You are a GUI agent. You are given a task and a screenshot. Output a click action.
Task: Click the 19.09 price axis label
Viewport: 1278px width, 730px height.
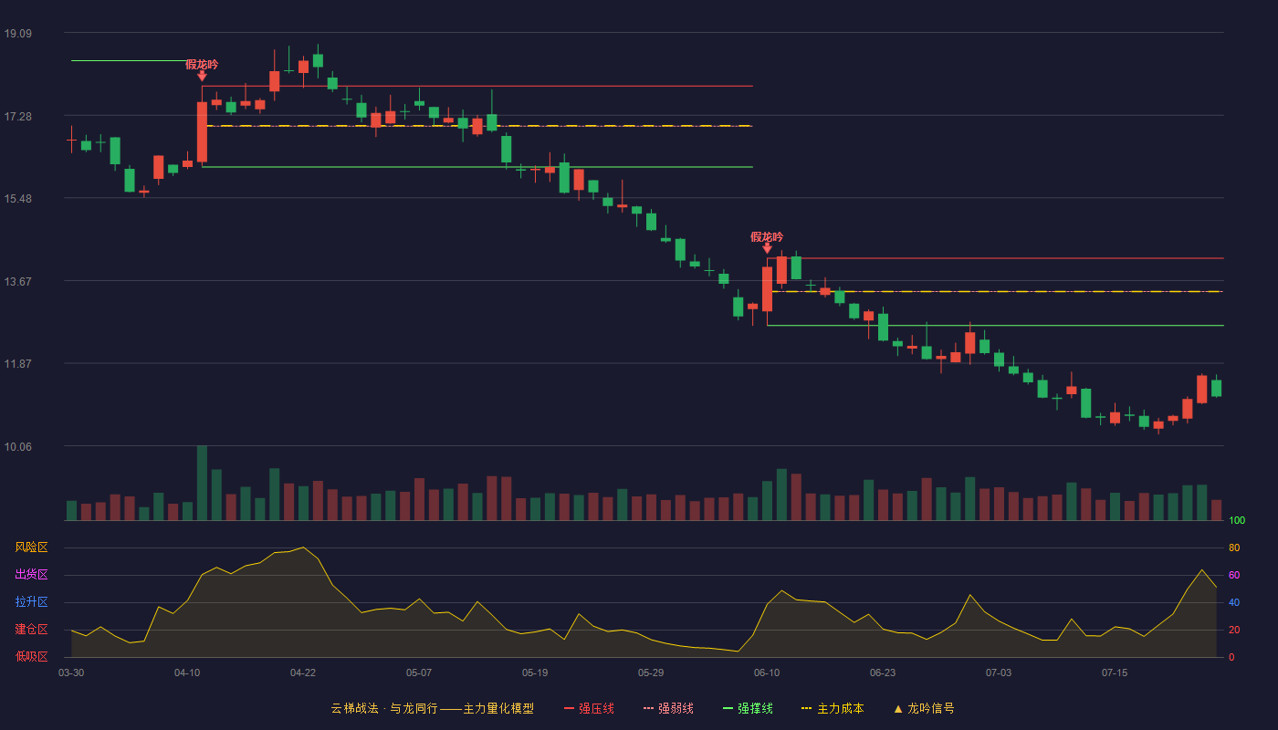click(x=17, y=34)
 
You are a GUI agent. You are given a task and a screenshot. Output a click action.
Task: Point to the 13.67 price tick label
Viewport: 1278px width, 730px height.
click(x=17, y=282)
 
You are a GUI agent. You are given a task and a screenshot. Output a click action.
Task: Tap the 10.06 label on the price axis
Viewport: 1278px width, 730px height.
click(x=17, y=446)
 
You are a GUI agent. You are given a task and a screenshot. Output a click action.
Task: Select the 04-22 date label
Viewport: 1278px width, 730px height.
click(x=302, y=673)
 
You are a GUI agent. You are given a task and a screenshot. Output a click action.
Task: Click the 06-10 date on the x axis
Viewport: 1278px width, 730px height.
click(x=766, y=673)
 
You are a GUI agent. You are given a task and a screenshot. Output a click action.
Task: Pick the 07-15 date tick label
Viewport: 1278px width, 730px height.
click(x=1115, y=673)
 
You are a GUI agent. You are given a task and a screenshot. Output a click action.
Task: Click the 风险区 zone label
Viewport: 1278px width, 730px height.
click(x=31, y=547)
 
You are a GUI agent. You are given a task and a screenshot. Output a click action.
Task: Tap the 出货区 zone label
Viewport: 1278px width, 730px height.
click(x=31, y=574)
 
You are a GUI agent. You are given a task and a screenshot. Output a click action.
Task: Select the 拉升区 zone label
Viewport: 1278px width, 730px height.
click(x=31, y=601)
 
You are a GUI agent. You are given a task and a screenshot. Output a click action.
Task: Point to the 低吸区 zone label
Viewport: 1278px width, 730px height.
click(x=31, y=656)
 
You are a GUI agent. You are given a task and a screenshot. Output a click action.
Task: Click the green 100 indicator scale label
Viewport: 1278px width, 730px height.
click(x=1237, y=520)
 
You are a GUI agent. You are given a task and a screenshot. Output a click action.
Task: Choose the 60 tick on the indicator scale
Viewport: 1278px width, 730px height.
click(x=1234, y=575)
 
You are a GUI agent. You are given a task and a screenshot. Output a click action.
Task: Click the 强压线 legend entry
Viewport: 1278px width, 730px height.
click(x=590, y=708)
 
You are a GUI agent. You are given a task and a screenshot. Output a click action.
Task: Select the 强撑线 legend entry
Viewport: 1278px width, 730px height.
click(x=748, y=708)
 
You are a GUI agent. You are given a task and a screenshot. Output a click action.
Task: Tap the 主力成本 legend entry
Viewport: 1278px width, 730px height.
click(x=833, y=708)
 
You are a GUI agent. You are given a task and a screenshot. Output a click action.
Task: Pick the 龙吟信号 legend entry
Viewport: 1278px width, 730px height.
click(x=924, y=708)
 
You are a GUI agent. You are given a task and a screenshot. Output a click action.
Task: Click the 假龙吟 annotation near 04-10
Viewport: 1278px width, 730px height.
click(x=202, y=65)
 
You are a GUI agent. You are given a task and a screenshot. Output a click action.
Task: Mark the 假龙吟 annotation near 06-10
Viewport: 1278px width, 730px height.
click(x=767, y=236)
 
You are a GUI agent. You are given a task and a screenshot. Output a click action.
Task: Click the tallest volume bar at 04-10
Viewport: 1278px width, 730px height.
click(x=202, y=483)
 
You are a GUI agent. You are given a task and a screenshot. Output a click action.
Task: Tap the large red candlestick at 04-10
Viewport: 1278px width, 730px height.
click(x=202, y=132)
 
